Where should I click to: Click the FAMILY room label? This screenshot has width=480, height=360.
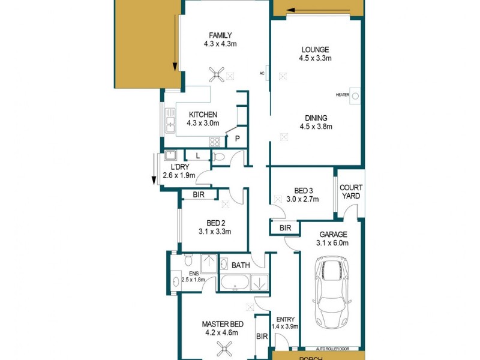click(220, 35)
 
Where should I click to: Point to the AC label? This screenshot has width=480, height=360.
click(262, 73)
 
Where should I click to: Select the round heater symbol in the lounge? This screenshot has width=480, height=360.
click(355, 95)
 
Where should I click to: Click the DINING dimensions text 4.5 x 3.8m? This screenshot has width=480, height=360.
click(316, 126)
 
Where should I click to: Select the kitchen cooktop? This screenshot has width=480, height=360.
click(214, 142)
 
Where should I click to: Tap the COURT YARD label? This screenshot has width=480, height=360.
click(351, 191)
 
